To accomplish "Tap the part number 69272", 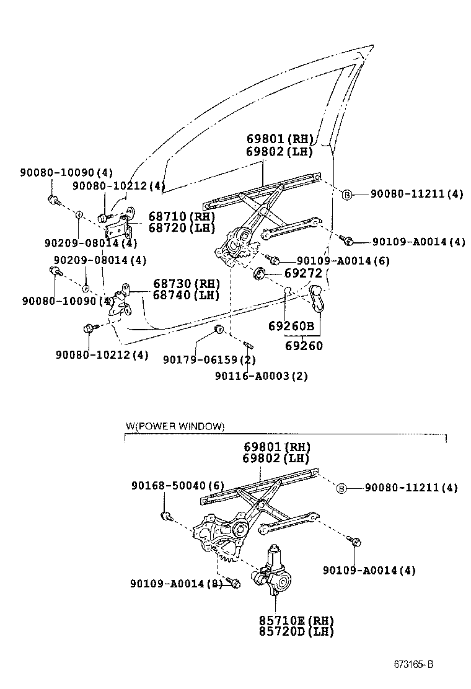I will (x=304, y=273).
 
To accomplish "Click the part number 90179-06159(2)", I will (x=209, y=360).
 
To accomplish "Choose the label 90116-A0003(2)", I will (x=262, y=375).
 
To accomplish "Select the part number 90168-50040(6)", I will (x=177, y=485).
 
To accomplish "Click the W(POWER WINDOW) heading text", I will (x=175, y=426).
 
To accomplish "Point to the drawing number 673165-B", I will (x=413, y=665).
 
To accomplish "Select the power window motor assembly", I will (x=271, y=573).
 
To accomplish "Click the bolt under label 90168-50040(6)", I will (x=166, y=515).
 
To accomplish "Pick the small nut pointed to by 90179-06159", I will (x=219, y=328).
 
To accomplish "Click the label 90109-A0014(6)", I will (x=343, y=261).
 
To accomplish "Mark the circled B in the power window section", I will (x=341, y=488).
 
